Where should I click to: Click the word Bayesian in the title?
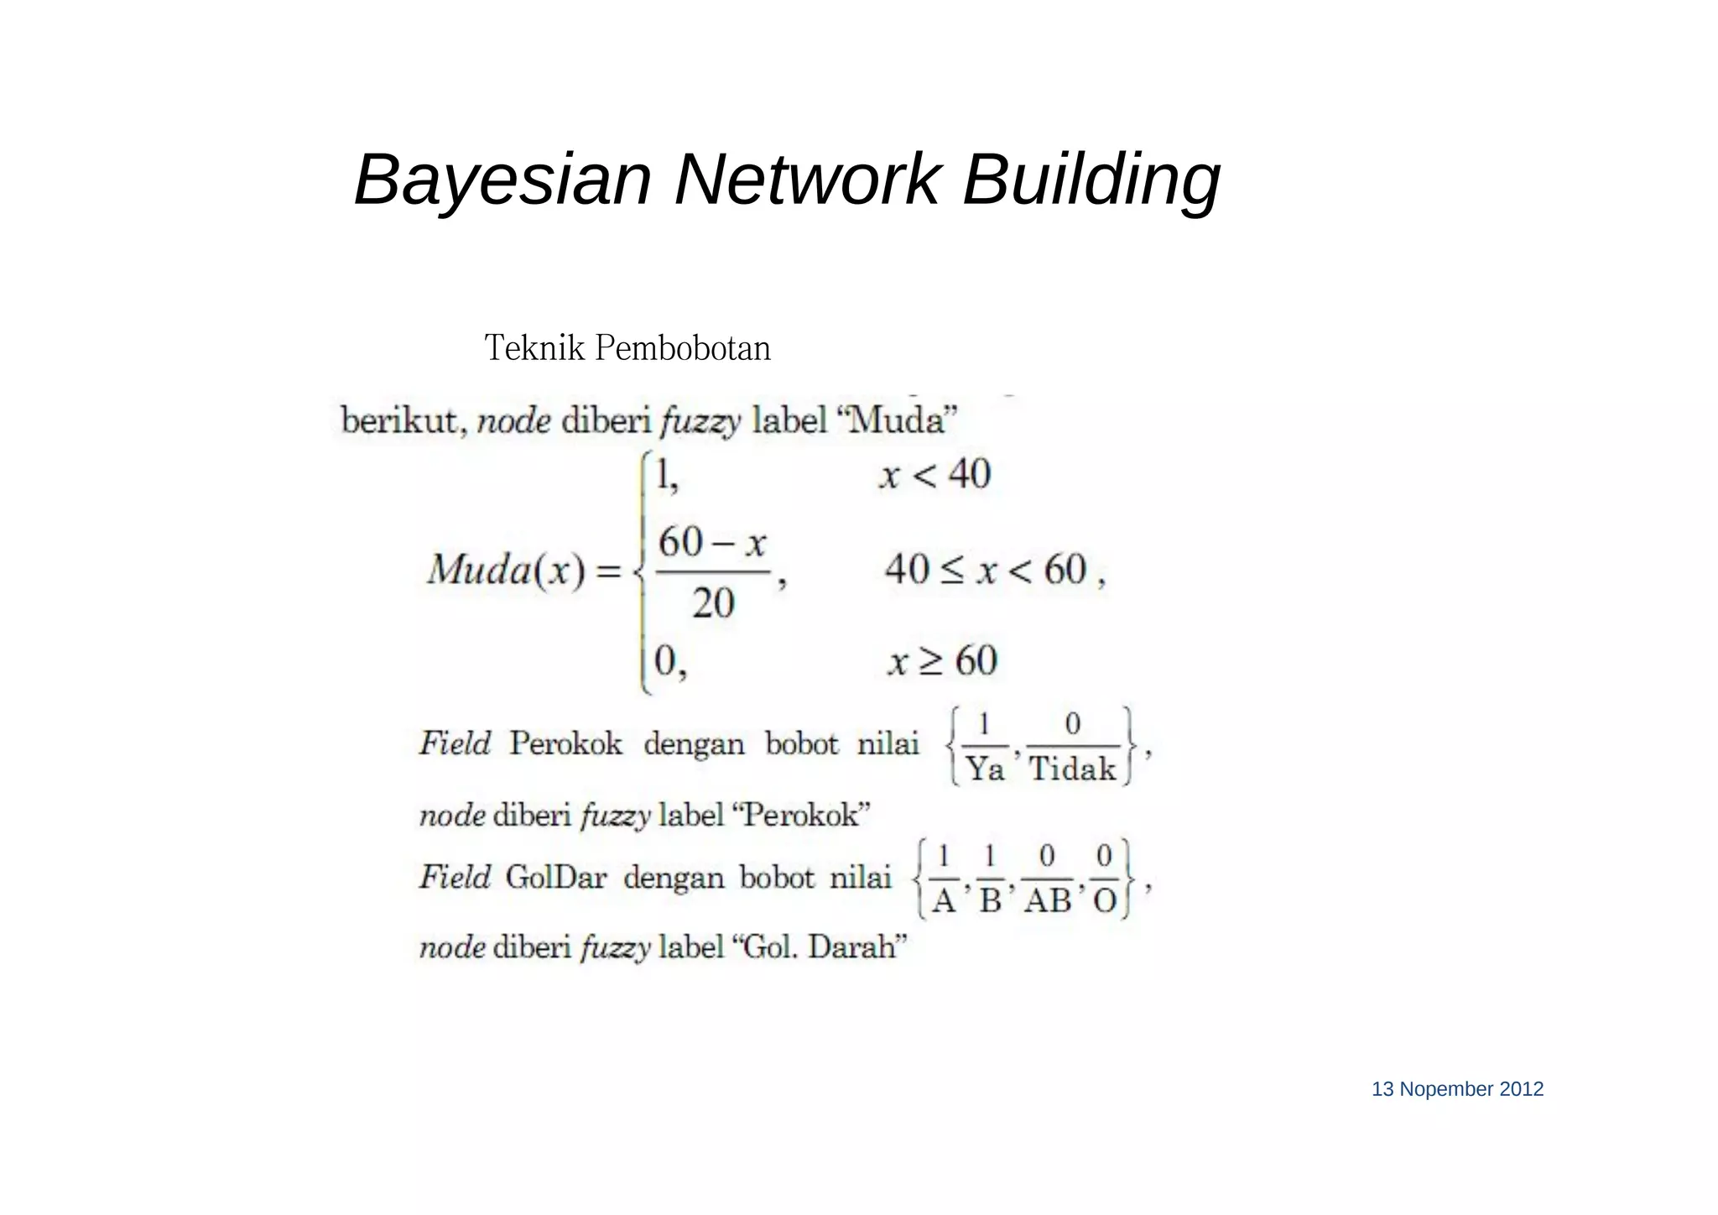click(502, 180)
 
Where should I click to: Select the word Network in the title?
click(806, 180)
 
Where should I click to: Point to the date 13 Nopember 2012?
click(1457, 1089)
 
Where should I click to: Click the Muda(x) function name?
click(505, 571)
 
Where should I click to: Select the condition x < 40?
click(934, 474)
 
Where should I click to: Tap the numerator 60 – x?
click(712, 542)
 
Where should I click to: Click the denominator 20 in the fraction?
click(713, 602)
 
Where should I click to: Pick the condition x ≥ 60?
click(942, 660)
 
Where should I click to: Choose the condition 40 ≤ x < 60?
click(986, 571)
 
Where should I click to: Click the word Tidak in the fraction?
click(1072, 769)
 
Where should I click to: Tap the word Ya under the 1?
click(984, 769)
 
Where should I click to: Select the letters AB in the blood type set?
click(1047, 901)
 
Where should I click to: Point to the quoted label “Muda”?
click(897, 420)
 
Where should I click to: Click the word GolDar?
click(555, 878)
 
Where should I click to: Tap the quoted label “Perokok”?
click(801, 815)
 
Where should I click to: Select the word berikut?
click(401, 420)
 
